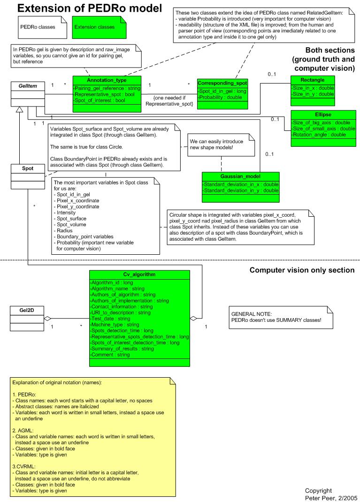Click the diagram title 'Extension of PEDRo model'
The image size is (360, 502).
click(x=89, y=8)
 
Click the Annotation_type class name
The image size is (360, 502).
click(x=107, y=80)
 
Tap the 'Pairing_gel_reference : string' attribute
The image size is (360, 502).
click(x=107, y=88)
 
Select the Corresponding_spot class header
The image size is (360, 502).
click(x=222, y=83)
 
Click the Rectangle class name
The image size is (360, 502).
click(x=313, y=80)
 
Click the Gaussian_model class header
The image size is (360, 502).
click(x=240, y=176)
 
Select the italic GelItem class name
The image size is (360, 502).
click(x=28, y=86)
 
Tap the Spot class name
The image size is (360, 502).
click(x=28, y=168)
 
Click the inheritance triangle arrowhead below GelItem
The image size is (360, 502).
click(x=20, y=109)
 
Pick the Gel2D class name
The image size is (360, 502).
click(x=27, y=310)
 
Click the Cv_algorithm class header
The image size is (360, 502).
click(x=139, y=274)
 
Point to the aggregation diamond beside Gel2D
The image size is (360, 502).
click(x=47, y=319)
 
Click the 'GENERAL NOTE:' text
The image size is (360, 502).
click(x=252, y=314)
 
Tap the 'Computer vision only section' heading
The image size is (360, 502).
click(x=302, y=270)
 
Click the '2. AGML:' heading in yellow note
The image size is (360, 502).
click(x=23, y=431)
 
